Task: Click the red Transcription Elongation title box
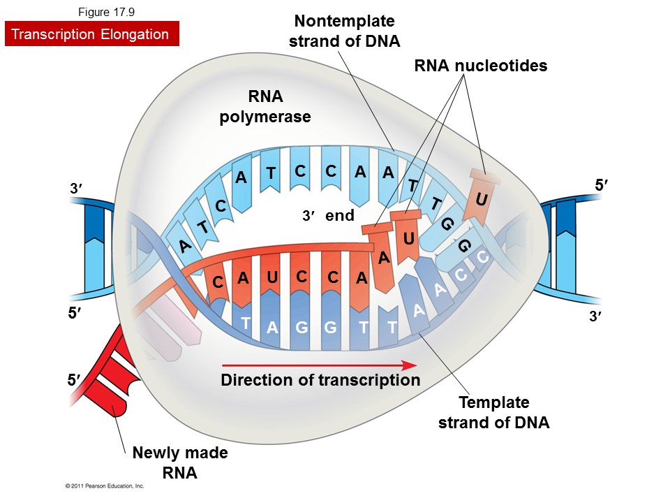pos(91,34)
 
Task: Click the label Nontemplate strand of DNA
pos(344,31)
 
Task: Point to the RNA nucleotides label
pos(480,66)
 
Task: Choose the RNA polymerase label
pos(265,106)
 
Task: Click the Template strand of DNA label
pos(493,412)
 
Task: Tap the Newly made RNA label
pos(179,462)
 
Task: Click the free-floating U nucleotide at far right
pos(481,200)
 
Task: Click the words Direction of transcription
pos(320,380)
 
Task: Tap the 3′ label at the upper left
pos(76,189)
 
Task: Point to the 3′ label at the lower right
pos(595,316)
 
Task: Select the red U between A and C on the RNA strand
pos(271,277)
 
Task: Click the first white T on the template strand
pos(245,323)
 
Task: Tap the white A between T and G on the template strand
pos(272,328)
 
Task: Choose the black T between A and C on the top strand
pos(271,173)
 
